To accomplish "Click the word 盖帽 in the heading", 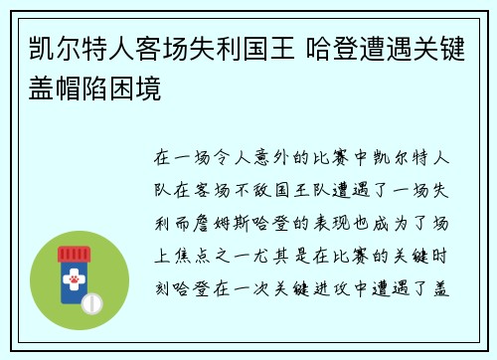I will point(46,87).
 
